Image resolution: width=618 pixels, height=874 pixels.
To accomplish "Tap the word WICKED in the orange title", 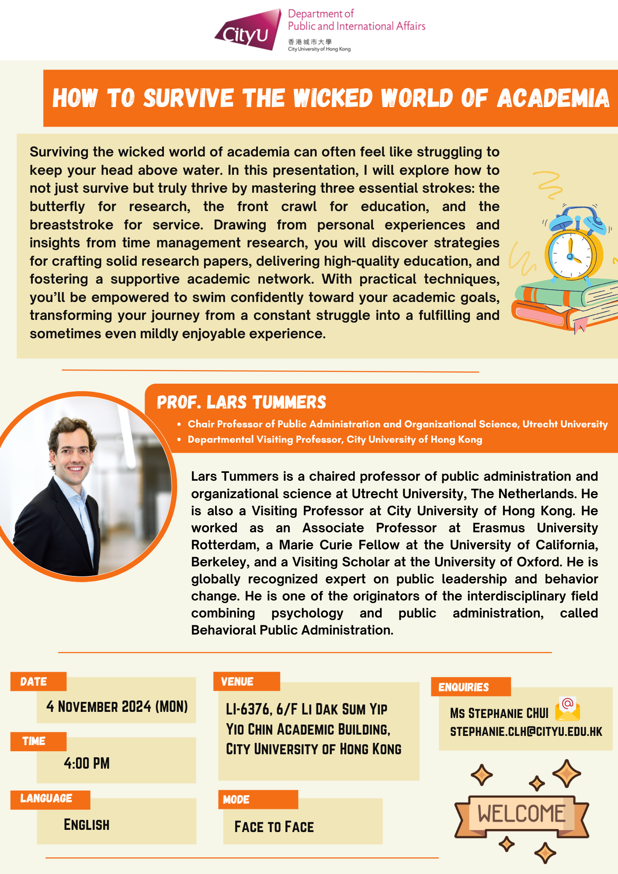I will [333, 98].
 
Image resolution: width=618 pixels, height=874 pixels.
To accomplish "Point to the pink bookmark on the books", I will [580, 325].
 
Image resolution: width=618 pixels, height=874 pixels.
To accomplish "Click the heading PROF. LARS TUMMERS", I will [241, 402].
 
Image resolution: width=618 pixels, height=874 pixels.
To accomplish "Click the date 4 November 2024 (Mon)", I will [117, 707].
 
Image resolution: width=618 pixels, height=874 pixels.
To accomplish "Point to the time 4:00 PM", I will [87, 763].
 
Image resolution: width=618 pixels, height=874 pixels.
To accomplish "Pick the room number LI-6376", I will [247, 709].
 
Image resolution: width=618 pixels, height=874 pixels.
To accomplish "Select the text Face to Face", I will [274, 827].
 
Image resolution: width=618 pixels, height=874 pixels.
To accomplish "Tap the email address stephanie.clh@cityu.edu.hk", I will [526, 732].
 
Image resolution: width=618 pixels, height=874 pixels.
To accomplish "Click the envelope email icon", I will [567, 708].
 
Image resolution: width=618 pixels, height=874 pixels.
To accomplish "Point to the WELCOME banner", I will [521, 814].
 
